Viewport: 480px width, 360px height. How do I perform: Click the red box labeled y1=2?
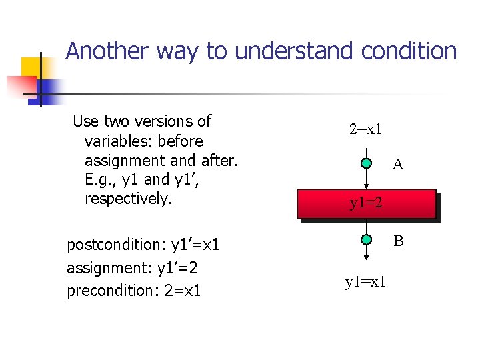[367, 204]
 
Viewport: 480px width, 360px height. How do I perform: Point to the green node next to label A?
[367, 163]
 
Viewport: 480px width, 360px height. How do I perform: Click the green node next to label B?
[367, 240]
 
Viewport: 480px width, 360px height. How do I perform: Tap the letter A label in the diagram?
[398, 165]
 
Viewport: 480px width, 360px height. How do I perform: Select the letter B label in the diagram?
[398, 241]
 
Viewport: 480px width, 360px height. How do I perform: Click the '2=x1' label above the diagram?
[366, 129]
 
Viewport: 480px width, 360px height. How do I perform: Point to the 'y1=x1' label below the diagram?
[365, 283]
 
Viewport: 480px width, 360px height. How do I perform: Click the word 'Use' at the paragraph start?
[85, 121]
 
